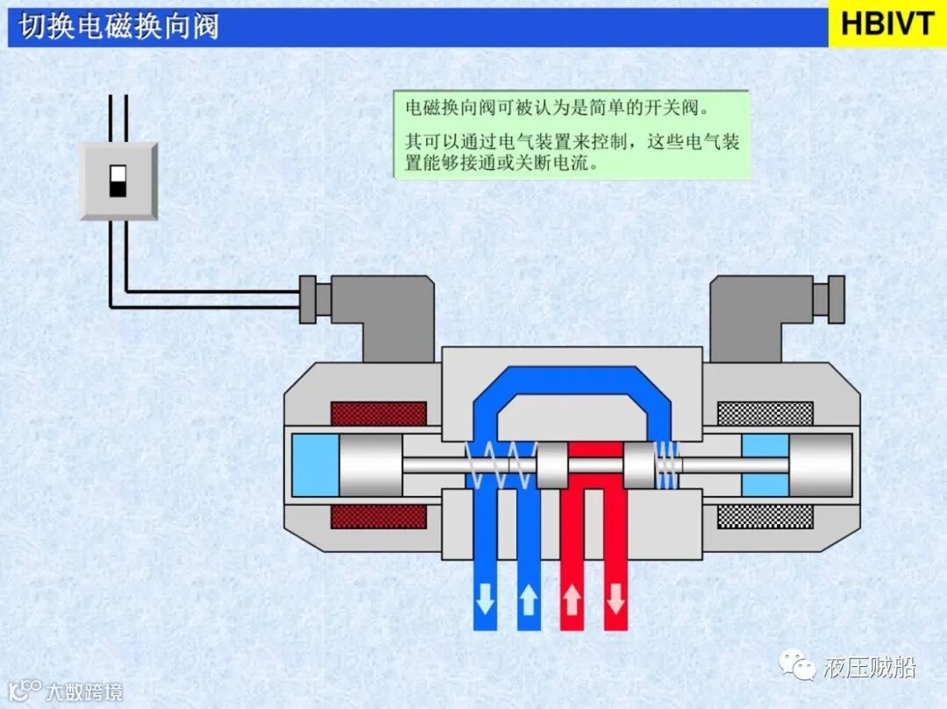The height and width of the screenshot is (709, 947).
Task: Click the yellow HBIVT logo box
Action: pos(886,24)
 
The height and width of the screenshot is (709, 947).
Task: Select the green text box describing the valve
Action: pos(572,136)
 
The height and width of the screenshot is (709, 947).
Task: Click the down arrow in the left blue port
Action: pos(484,600)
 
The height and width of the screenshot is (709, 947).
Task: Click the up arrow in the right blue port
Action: pos(528,600)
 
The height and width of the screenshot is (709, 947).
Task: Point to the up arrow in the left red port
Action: pos(572,600)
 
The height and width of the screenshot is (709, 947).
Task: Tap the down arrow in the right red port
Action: pos(616,600)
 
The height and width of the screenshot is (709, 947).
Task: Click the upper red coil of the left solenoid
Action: pos(378,414)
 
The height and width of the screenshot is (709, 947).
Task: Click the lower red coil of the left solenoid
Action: pos(378,516)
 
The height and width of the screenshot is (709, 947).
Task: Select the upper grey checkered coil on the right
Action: pos(765,414)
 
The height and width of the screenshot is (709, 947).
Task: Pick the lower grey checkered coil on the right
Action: pos(765,516)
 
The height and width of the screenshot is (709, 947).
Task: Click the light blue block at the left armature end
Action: pos(315,465)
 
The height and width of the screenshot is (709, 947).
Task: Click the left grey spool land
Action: pos(552,465)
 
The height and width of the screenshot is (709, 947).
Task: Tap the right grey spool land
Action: pos(639,465)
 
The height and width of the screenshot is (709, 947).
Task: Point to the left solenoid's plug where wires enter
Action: pos(308,298)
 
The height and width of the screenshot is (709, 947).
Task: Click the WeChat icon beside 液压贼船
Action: pos(801,668)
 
